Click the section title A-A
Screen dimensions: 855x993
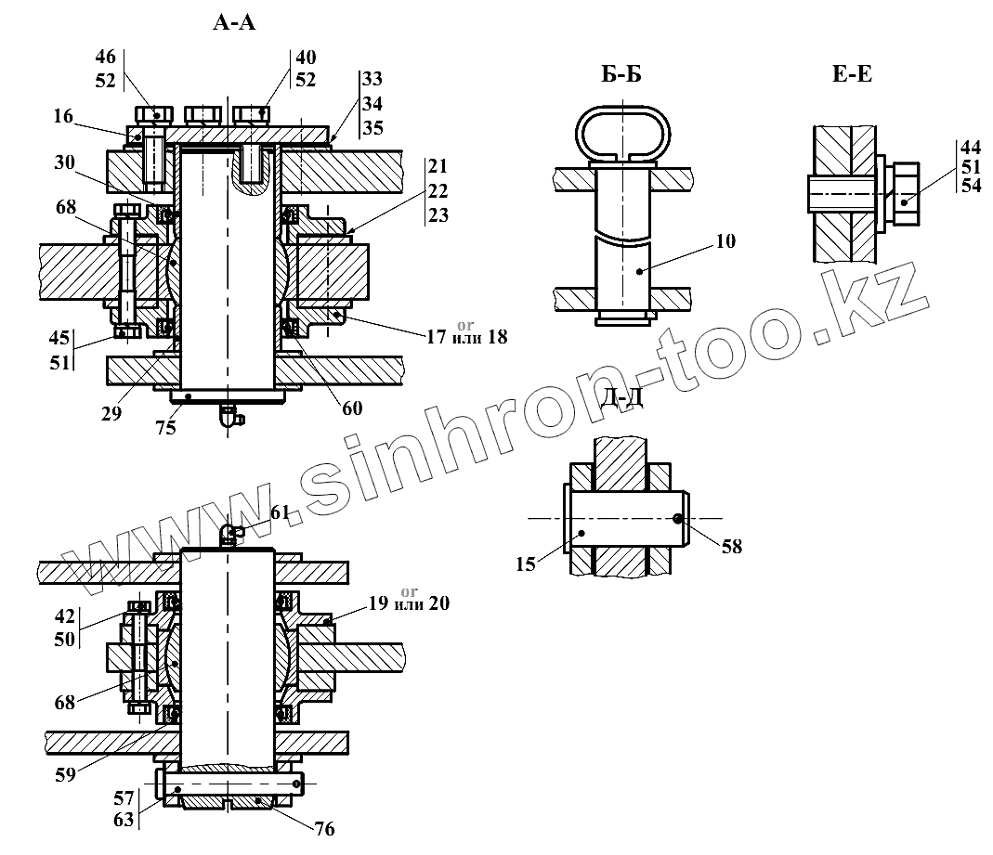pos(234,23)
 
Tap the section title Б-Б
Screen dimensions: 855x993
pos(621,75)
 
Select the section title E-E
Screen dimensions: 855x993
pos(851,75)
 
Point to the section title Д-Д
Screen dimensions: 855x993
pos(621,399)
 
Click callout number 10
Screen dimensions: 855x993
pos(725,242)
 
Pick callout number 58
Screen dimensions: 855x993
pos(731,546)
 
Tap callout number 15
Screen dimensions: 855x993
pos(527,563)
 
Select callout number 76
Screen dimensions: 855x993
pos(324,829)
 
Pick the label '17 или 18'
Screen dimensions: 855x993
pos(466,336)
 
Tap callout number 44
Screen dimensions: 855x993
pos(970,147)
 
